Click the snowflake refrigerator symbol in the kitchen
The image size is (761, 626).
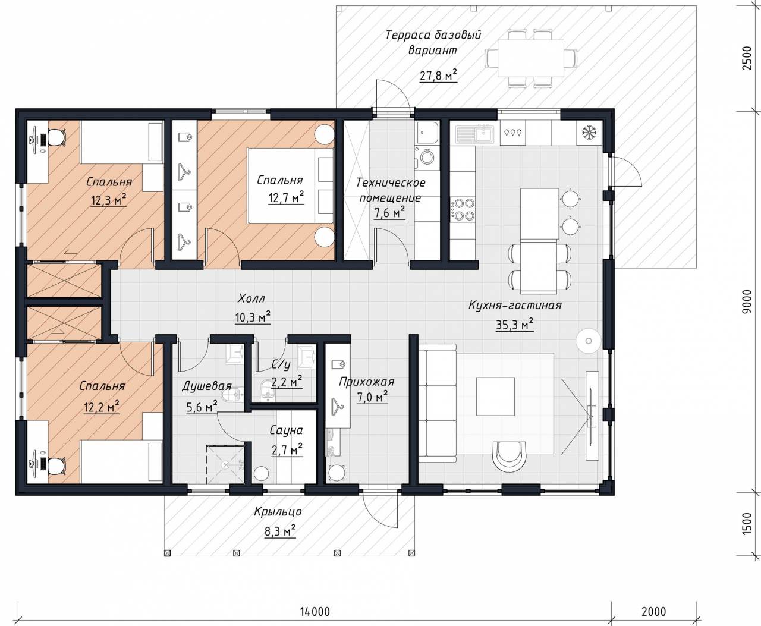(x=589, y=133)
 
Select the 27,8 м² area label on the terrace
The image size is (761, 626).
(x=438, y=76)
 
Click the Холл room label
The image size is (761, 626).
(x=251, y=298)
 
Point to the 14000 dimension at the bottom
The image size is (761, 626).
(x=315, y=611)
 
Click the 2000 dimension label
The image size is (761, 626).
(x=654, y=611)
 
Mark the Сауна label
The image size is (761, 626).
(x=286, y=430)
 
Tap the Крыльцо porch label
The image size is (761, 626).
(x=278, y=512)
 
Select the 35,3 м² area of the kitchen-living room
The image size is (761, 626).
(x=514, y=325)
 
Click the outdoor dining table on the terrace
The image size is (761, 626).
(x=531, y=58)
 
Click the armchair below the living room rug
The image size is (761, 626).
(x=509, y=456)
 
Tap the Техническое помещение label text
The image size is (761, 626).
(x=391, y=190)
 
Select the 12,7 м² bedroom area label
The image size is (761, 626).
(x=286, y=197)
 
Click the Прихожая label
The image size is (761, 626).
(x=366, y=382)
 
